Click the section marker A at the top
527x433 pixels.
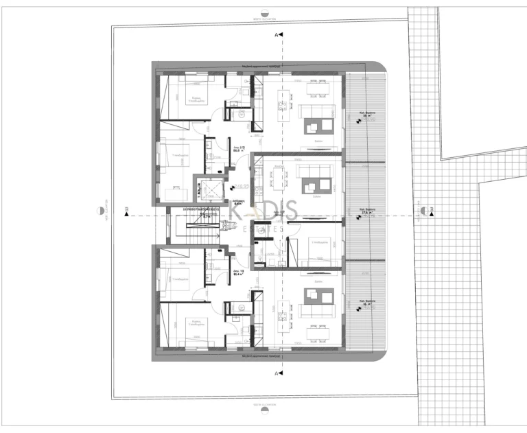[277, 34]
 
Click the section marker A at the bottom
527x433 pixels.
[277, 373]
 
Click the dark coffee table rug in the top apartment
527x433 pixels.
[316, 124]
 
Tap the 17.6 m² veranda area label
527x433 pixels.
[365, 212]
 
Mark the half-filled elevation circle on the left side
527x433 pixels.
[104, 210]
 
